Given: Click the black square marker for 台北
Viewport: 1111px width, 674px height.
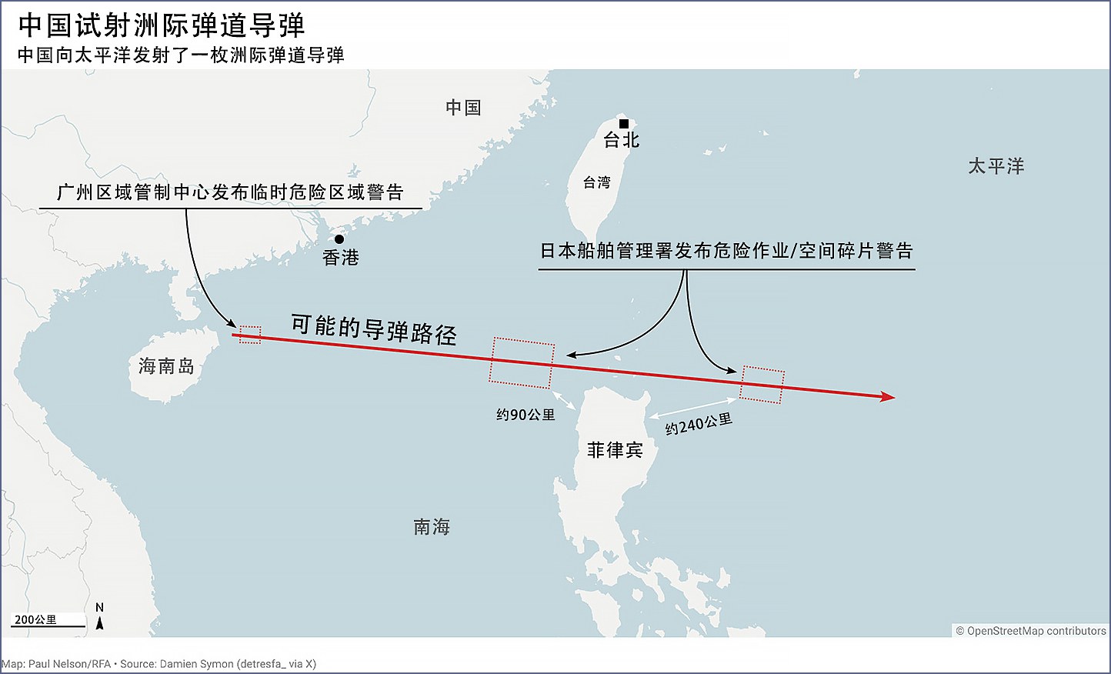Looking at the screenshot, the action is coord(624,124).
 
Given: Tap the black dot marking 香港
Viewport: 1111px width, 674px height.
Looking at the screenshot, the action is coord(339,239).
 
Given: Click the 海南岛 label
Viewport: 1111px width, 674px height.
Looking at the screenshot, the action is coord(166,366).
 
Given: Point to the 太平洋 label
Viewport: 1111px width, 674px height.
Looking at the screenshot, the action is coord(996,166).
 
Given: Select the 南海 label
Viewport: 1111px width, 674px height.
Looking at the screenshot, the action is coord(432,527).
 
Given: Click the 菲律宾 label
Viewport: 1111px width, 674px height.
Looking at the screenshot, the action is coord(615,450).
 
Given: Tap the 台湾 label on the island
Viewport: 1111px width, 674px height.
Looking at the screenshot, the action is coord(596,182).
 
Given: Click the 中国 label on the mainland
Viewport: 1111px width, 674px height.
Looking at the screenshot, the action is coord(463,108).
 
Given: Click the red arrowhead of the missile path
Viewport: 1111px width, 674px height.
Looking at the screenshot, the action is coord(889,397).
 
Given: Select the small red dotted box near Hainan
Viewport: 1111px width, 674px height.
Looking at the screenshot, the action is coord(250,335).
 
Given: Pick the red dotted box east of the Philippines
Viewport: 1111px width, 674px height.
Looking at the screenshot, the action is coord(762,385).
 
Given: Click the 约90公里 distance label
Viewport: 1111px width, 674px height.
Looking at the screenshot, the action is coord(525,415).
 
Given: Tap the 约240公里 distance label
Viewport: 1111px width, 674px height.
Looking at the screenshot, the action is coord(699,424).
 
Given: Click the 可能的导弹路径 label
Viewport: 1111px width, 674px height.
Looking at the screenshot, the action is coord(374,329).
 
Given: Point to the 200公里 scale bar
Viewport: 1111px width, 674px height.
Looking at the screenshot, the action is coord(48,622).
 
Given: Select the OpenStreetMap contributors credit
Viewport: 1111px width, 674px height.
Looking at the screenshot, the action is coord(1030,631).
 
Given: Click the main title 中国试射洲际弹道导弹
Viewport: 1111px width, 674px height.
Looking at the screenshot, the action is coord(162,25).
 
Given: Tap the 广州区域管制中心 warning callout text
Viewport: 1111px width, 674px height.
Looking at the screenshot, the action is coord(230,192).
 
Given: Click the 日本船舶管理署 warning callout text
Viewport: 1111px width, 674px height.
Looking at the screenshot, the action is coord(726,251).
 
